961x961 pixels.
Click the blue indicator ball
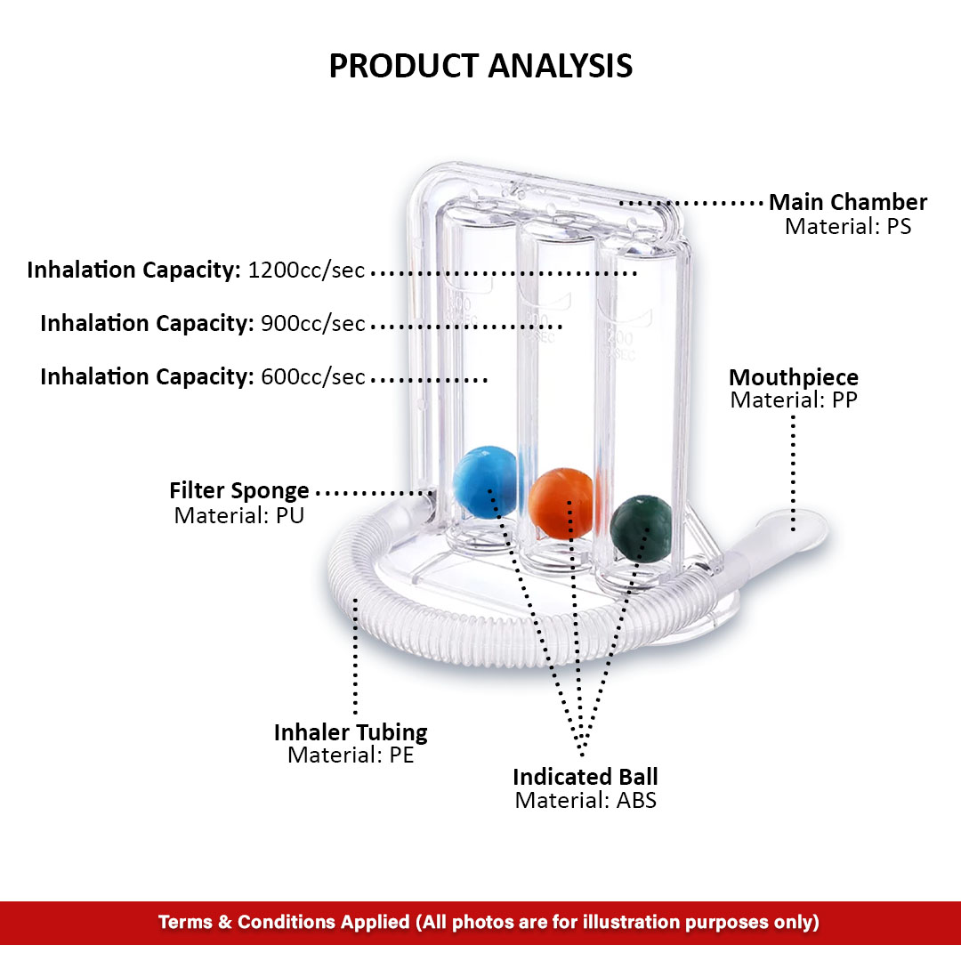click(486, 482)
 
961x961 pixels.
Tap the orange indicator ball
click(561, 504)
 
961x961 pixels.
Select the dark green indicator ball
click(641, 528)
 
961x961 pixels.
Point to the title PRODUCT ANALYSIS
click(480, 66)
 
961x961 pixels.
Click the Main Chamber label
click(848, 202)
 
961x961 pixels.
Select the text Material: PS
click(848, 226)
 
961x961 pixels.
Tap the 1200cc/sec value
click(306, 271)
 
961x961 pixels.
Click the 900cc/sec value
click(312, 324)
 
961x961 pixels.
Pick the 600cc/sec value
click(312, 377)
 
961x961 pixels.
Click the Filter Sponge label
click(239, 491)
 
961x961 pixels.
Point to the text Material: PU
click(239, 515)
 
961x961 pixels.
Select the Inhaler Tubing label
click(351, 732)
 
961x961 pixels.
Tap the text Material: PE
click(351, 755)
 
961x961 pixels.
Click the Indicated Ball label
click(585, 777)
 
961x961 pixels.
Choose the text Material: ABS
click(585, 801)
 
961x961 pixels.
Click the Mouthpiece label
click(793, 377)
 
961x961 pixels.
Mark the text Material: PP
click(793, 400)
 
